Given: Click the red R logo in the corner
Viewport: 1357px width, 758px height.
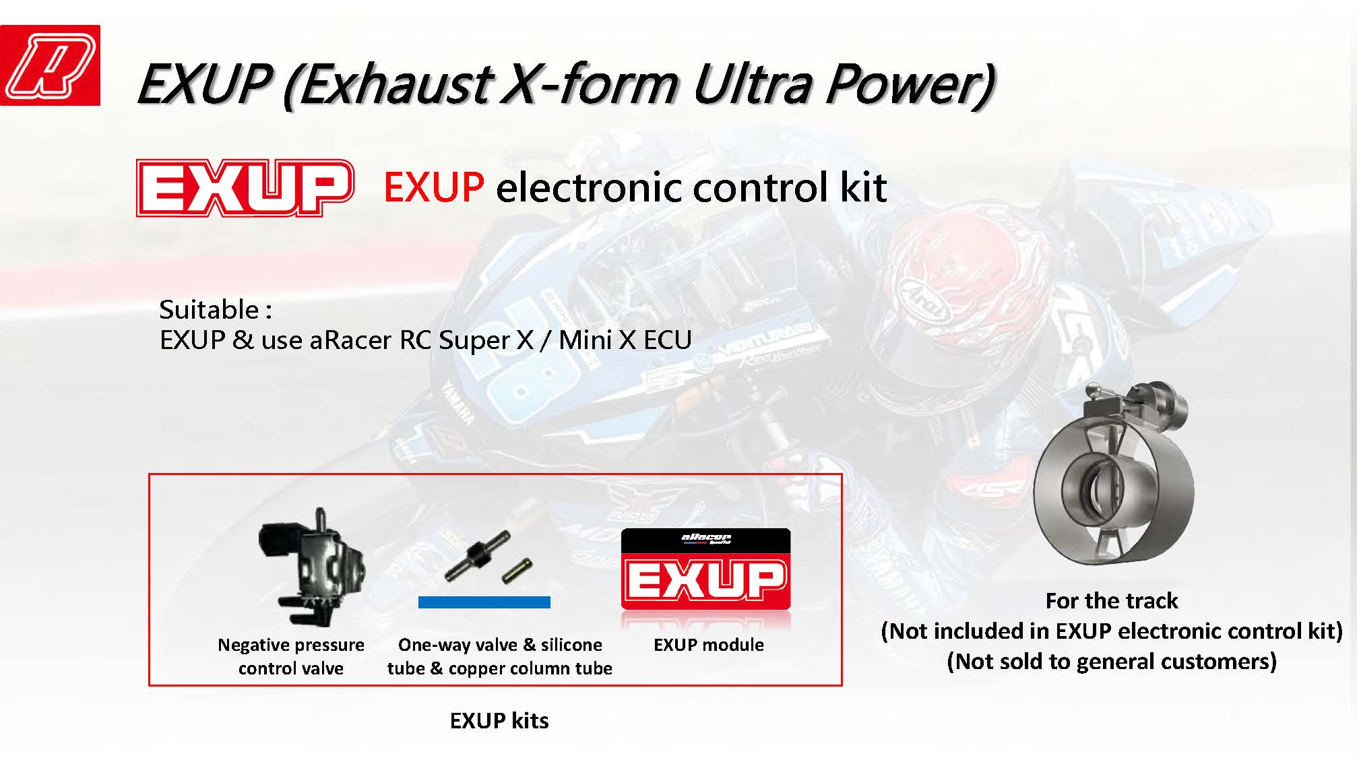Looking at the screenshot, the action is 50,65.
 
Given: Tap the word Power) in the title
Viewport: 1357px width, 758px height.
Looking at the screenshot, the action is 910,85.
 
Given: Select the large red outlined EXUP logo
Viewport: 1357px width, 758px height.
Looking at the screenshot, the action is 245,188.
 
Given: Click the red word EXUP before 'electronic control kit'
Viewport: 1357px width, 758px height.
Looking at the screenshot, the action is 433,187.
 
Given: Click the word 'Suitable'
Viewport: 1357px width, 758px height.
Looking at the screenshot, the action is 209,310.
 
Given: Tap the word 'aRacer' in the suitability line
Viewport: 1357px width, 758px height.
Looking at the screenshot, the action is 350,340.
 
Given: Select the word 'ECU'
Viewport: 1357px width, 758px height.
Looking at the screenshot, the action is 668,340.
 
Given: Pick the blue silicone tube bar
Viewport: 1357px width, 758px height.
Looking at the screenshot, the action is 484,602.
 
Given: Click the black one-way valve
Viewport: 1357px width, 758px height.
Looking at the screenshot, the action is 476,557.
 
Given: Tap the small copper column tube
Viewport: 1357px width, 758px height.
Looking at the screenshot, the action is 517,571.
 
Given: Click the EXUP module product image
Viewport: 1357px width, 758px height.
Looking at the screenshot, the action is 705,569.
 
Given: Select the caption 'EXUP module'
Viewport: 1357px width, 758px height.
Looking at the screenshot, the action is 709,645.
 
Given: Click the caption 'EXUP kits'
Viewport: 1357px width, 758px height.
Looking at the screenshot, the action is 499,721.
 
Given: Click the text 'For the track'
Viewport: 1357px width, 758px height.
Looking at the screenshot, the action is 1112,600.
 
